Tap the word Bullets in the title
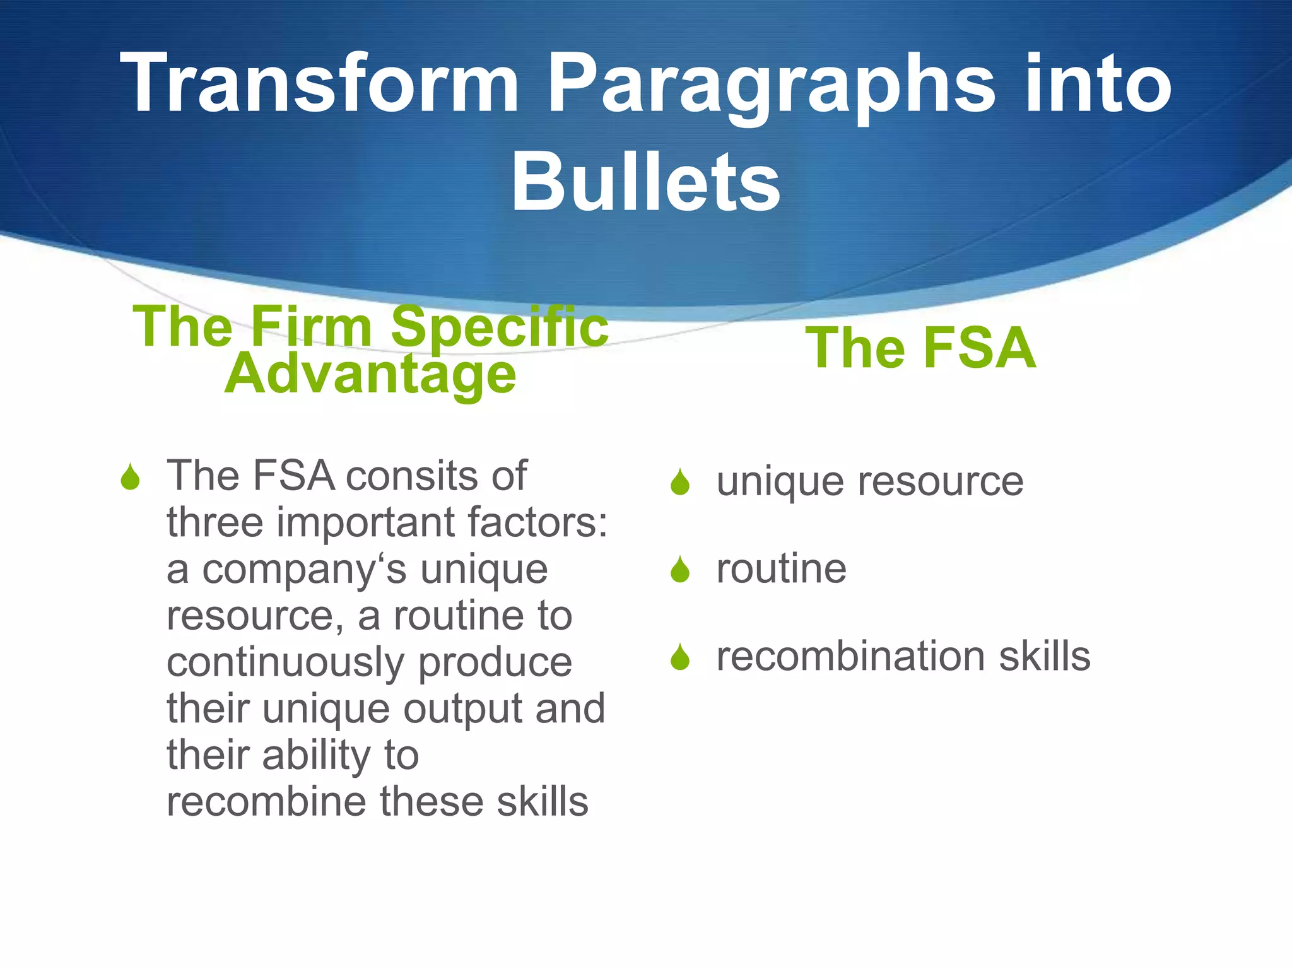(x=645, y=183)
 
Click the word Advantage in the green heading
(x=370, y=375)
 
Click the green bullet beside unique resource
(x=680, y=483)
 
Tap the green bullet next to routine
(x=680, y=570)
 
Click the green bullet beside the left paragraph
(x=130, y=478)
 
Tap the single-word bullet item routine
(x=781, y=569)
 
